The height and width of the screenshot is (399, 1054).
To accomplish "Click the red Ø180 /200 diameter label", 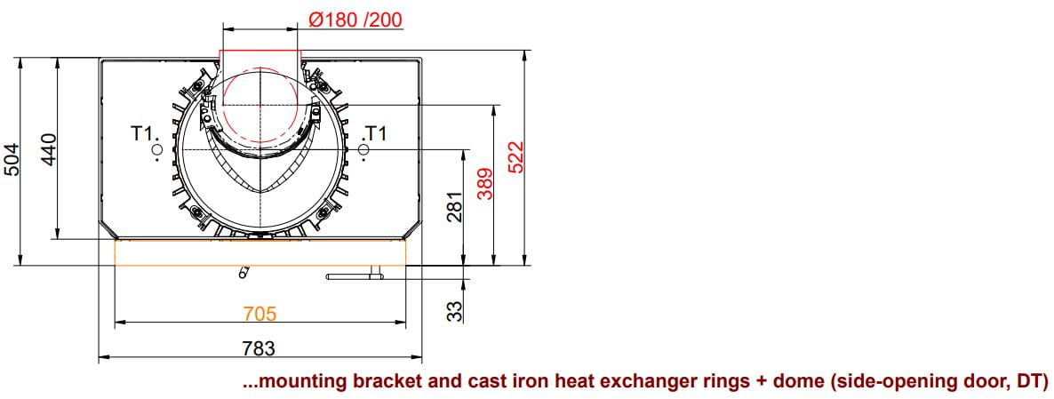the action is [355, 19].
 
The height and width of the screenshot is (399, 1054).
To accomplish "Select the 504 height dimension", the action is [13, 159].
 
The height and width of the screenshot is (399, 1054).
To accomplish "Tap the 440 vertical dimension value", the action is [49, 150].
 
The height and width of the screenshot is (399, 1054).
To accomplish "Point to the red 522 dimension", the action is [515, 157].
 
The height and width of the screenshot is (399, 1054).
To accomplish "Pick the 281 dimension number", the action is [454, 208].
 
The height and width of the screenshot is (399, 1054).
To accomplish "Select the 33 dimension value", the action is [455, 310].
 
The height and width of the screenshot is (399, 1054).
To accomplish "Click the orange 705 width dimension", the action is [260, 313].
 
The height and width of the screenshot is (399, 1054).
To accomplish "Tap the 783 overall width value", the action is [259, 348].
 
